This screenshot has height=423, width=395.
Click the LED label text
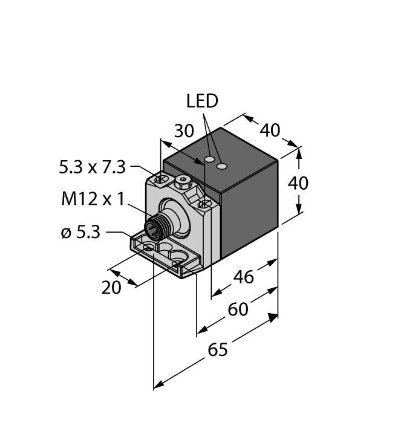tap(202, 102)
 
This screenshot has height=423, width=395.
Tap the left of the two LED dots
tap(210, 160)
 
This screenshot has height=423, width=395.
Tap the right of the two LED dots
tap(223, 165)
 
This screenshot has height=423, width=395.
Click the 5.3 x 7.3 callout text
tap(92, 167)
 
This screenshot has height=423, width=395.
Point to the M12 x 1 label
tap(92, 199)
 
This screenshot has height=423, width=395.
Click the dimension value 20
tap(111, 288)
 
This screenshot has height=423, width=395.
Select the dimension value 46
tap(243, 277)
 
